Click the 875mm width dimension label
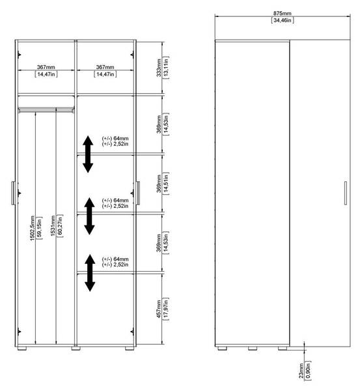point(282,13)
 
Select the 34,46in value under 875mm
point(283,20)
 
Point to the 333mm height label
point(159,68)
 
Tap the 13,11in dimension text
point(165,68)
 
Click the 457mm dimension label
point(159,309)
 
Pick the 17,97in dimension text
point(165,309)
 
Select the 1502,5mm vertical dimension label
point(33,228)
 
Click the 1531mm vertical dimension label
point(53,225)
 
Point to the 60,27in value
point(60,225)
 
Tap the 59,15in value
point(39,228)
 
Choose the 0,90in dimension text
point(308,371)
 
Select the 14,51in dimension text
point(165,184)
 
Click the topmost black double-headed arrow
point(88,154)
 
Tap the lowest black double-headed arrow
point(90,273)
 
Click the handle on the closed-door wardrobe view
point(345,193)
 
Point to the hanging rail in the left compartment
point(46,109)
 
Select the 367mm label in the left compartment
point(46,67)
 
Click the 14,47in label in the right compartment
point(105,74)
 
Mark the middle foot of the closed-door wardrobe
point(253,349)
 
